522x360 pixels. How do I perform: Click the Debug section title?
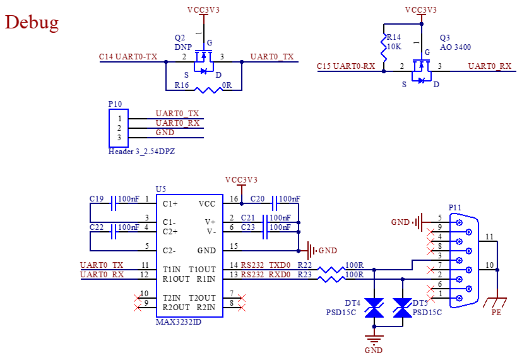tap(32, 23)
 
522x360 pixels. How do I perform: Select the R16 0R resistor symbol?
tap(208, 90)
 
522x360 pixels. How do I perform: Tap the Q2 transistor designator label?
tap(180, 38)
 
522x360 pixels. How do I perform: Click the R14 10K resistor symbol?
tap(384, 47)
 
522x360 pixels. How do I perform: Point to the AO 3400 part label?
tap(455, 47)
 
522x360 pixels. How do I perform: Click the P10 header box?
tap(119, 128)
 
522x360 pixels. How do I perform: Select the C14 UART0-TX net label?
tap(128, 57)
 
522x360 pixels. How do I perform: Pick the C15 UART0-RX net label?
tap(346, 66)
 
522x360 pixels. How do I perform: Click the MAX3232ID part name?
tap(179, 322)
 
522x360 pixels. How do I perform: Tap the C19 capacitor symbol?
tap(114, 203)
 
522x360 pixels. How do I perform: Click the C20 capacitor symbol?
tap(275, 203)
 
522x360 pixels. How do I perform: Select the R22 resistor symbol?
tap(331, 270)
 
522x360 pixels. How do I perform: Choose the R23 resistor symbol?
tap(331, 279)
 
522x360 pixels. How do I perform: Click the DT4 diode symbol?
tap(374, 308)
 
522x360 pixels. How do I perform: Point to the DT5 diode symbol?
tap(403, 308)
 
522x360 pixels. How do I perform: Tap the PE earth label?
tap(496, 313)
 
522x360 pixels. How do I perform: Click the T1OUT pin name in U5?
tap(202, 270)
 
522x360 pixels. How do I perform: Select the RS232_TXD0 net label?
tap(266, 265)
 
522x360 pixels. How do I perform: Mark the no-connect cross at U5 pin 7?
tap(242, 298)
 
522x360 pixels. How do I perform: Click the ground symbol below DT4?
tap(374, 339)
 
